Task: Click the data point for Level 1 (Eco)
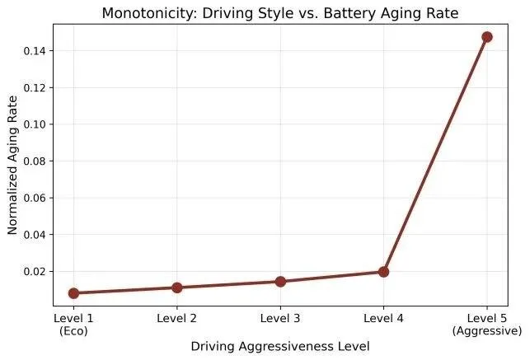tap(73, 293)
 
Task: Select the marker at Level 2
tap(176, 288)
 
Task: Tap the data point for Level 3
tap(280, 281)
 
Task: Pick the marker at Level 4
tap(383, 272)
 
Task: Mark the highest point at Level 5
tap(487, 37)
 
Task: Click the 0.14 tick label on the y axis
tap(35, 51)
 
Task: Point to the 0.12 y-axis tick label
tap(35, 88)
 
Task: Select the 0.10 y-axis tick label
tap(35, 124)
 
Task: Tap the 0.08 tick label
tap(35, 161)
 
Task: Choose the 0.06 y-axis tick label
tap(35, 198)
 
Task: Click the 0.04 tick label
tap(35, 235)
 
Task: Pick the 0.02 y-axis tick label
tap(35, 272)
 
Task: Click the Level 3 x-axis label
tap(280, 318)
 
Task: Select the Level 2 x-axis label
tap(176, 318)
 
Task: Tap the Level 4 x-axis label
tap(383, 318)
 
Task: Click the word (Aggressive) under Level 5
tap(487, 331)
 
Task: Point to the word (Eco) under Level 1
tap(73, 331)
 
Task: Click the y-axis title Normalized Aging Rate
tap(12, 165)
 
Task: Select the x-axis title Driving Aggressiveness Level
tap(280, 347)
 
